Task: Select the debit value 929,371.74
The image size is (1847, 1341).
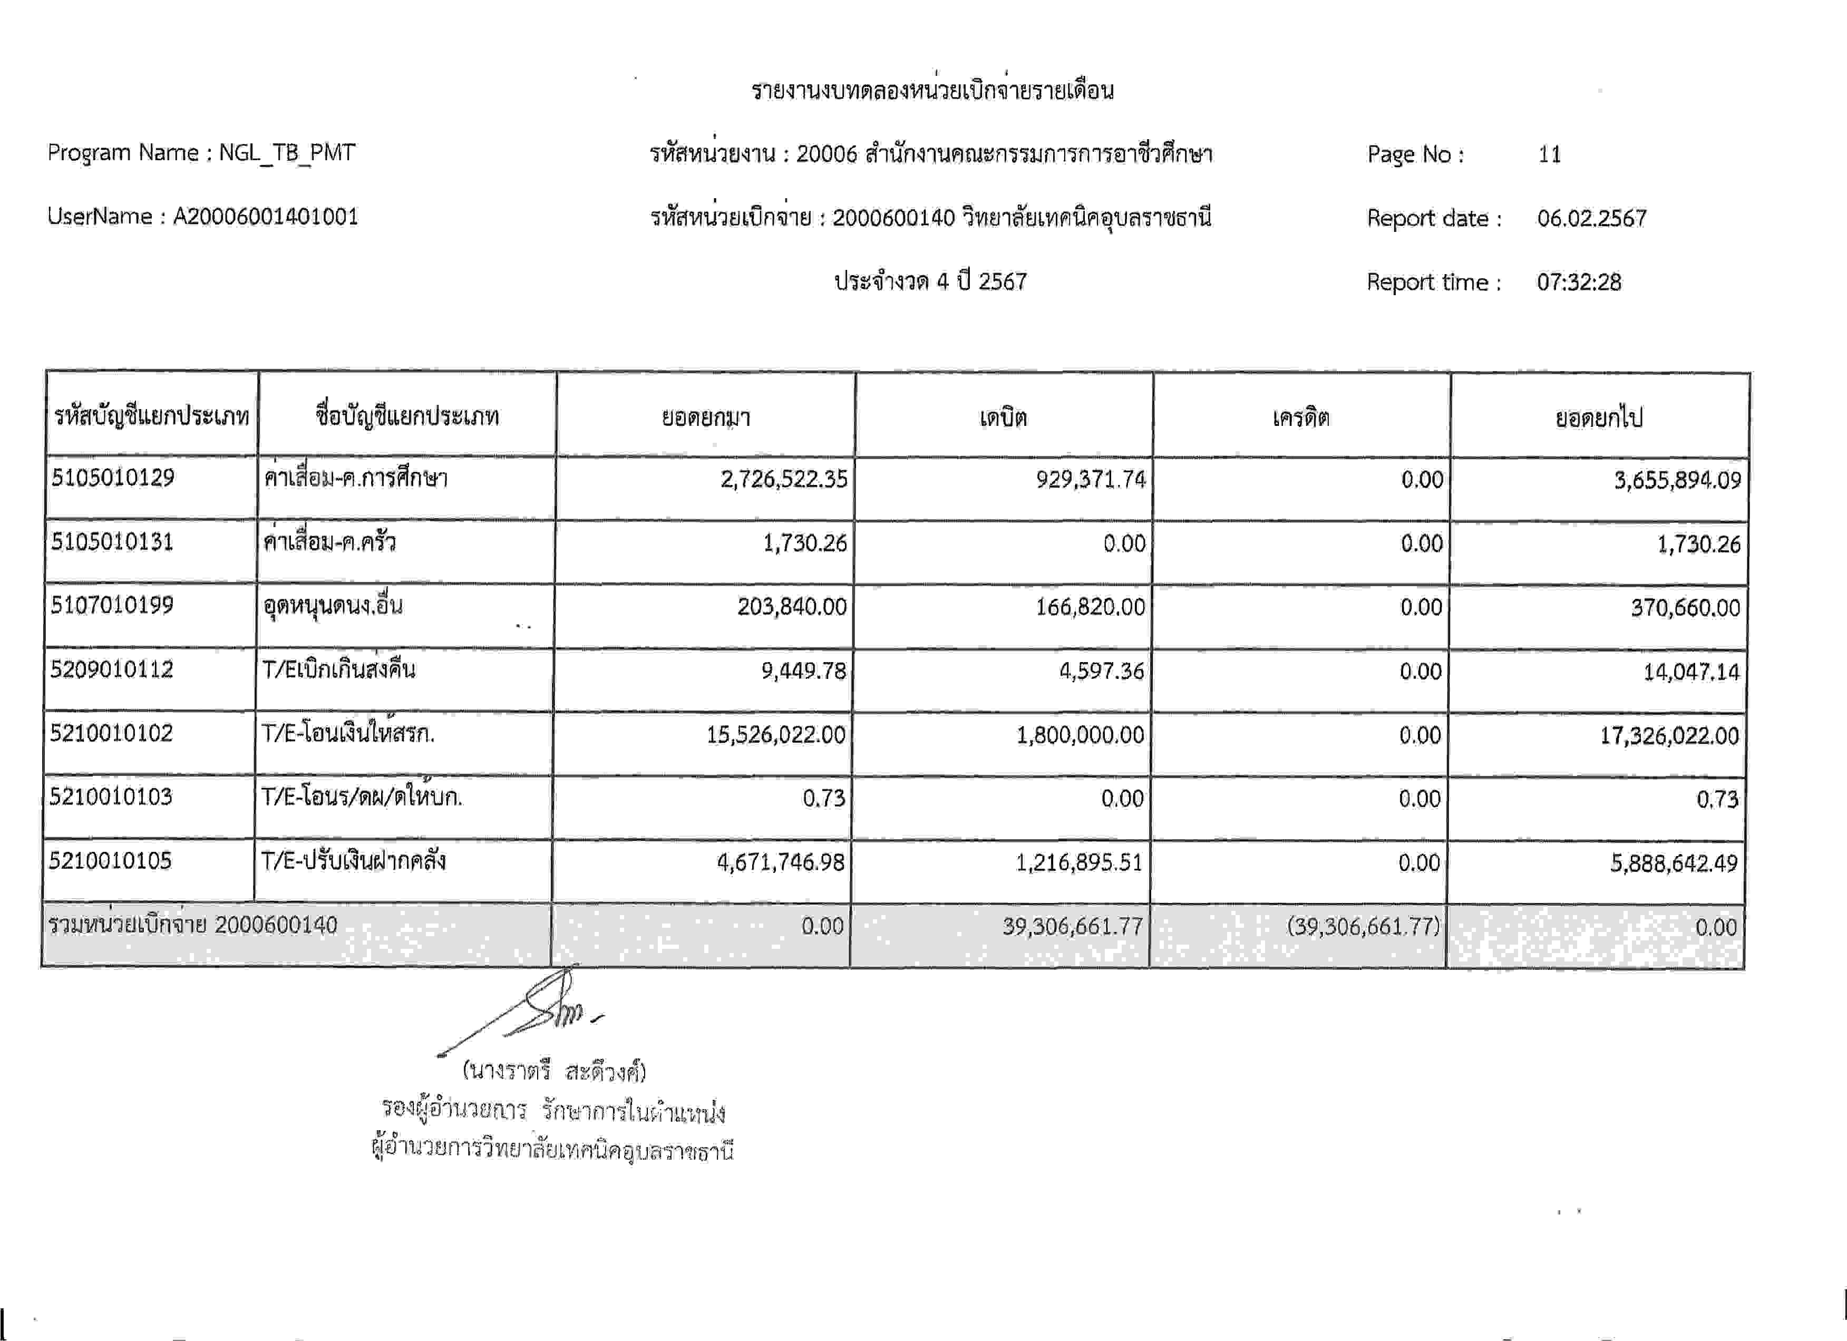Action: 1091,480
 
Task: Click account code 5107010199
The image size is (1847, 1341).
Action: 112,606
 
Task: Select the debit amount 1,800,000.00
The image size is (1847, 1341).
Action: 1080,735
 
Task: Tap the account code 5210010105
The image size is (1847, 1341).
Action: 110,861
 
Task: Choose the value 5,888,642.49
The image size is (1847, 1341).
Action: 1674,863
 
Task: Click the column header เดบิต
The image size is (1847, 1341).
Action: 1003,417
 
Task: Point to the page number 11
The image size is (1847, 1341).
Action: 1549,154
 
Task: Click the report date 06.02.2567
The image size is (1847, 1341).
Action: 1591,218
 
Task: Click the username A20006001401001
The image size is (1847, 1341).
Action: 266,217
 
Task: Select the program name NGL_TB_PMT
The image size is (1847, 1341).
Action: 287,153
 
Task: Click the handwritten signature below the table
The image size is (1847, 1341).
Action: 538,1009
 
